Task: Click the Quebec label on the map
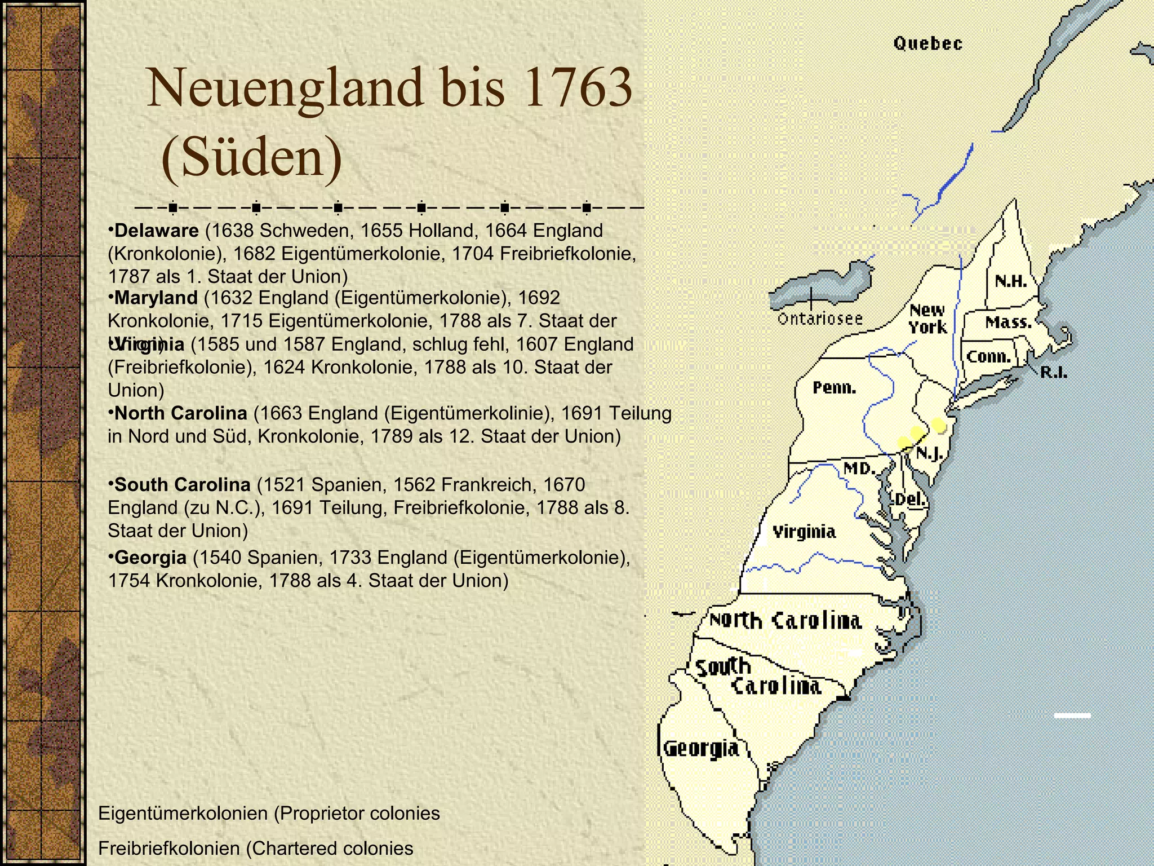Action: pyautogui.click(x=927, y=43)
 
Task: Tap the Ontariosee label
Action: pyautogui.click(x=819, y=319)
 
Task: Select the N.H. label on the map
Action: pyautogui.click(x=1011, y=282)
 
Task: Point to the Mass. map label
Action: pyautogui.click(x=1009, y=322)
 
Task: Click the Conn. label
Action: pyautogui.click(x=989, y=357)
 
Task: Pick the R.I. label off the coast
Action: pyautogui.click(x=1053, y=372)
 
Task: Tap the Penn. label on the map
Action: pyautogui.click(x=834, y=388)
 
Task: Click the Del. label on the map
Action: pyautogui.click(x=908, y=499)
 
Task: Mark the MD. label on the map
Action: pyautogui.click(x=859, y=469)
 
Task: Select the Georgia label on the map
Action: pyautogui.click(x=700, y=749)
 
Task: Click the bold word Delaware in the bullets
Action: pyautogui.click(x=156, y=231)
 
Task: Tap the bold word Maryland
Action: pyautogui.click(x=156, y=298)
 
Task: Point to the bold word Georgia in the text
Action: pyautogui.click(x=150, y=558)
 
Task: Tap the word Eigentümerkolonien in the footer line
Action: pyautogui.click(x=183, y=814)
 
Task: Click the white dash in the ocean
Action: pyautogui.click(x=1072, y=715)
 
